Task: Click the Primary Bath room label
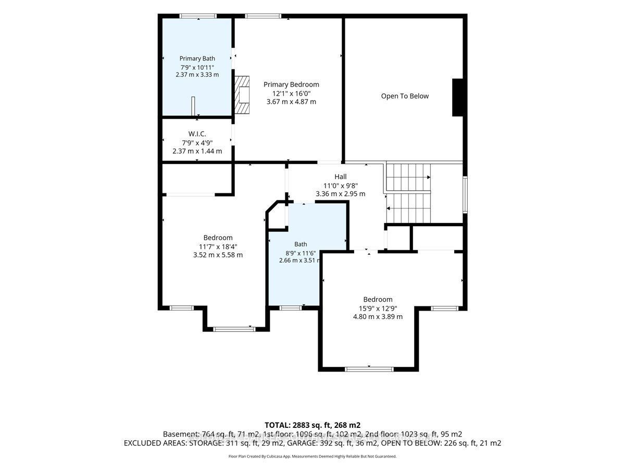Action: coord(197,58)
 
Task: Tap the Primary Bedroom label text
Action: coord(291,84)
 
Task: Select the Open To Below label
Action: coord(405,96)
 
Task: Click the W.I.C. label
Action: coord(197,133)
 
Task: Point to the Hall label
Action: coord(341,177)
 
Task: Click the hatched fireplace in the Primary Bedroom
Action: coord(242,95)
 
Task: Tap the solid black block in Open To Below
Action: coord(457,97)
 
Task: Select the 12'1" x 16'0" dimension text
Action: coord(291,93)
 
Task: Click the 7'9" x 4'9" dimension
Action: coord(197,142)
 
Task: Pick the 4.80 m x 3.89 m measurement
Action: coord(378,316)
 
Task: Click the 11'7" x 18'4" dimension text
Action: coord(218,246)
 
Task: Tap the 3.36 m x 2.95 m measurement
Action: coord(340,194)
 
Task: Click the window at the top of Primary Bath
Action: coord(198,16)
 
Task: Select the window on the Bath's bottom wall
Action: coord(290,308)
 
